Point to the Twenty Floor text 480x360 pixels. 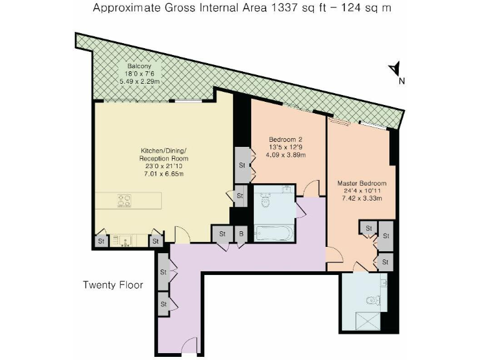coord(113,285)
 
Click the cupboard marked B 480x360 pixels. coord(241,234)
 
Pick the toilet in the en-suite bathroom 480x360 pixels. coord(374,299)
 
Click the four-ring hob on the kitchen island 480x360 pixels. coord(123,201)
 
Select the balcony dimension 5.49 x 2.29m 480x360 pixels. coord(139,81)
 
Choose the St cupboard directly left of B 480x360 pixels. coord(222,234)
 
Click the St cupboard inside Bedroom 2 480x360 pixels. coord(241,165)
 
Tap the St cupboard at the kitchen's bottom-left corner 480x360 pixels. coord(100,241)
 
